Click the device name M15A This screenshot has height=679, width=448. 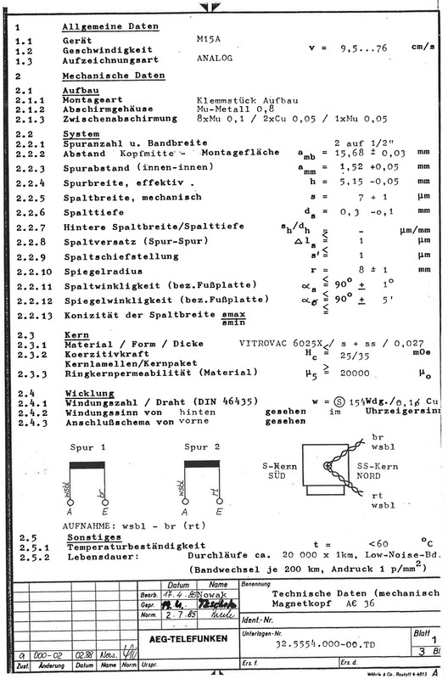point(209,39)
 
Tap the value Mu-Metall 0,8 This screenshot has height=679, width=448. point(232,108)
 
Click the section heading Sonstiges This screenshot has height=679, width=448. point(90,537)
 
